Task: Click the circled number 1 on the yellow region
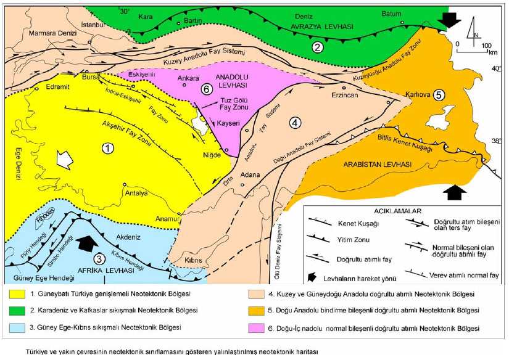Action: [108, 148]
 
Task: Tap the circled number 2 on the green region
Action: [318, 46]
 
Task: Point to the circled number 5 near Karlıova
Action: [439, 96]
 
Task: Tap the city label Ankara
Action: [187, 78]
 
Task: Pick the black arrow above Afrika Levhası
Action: [85, 242]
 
